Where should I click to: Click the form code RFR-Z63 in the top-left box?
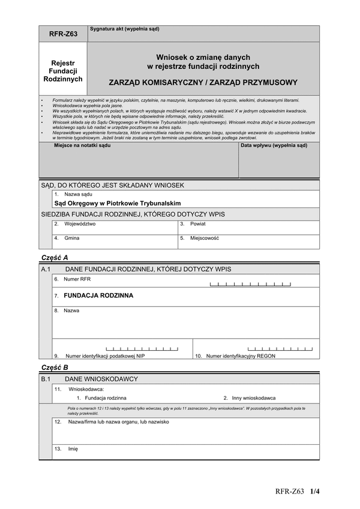point(63,35)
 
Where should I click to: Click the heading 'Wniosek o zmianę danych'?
point(203,57)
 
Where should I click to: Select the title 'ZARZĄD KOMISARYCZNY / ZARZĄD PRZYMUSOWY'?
point(203,82)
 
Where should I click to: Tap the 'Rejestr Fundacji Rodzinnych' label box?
point(63,71)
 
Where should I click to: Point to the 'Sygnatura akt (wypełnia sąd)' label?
point(125,29)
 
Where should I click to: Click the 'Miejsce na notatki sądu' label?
point(82,146)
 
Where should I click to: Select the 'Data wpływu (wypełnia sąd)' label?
point(274,146)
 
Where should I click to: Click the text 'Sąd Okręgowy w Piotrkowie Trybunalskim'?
point(117,203)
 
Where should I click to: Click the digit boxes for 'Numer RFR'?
point(250,284)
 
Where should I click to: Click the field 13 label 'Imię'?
point(73,448)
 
